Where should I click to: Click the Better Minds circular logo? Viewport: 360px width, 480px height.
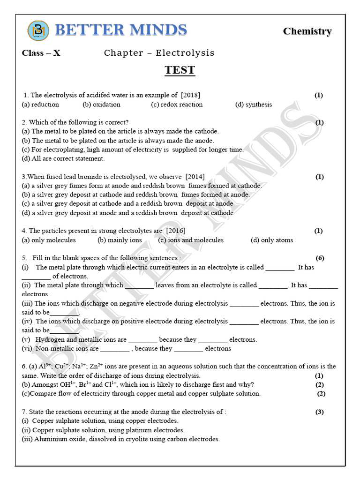tap(37, 31)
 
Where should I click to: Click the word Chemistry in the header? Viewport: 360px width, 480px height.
tap(307, 31)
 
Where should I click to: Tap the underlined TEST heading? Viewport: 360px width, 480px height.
tap(180, 70)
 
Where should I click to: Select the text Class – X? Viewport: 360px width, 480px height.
tap(41, 53)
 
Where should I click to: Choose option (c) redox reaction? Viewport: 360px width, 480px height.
tap(177, 105)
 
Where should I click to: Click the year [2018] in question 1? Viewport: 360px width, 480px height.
tap(191, 95)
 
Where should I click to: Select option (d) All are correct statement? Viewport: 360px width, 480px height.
tap(63, 158)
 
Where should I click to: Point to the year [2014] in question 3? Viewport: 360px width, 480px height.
tap(195, 177)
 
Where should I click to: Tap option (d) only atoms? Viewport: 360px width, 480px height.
tap(272, 240)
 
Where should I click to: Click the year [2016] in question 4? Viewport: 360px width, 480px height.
tap(175, 231)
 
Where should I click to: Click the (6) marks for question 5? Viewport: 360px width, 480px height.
tap(320, 258)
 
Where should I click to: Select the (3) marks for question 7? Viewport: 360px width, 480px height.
tap(320, 412)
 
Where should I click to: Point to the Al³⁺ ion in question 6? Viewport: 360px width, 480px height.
tap(45, 366)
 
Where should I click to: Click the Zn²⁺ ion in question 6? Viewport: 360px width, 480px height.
tap(96, 366)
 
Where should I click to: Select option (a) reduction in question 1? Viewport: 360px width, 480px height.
tap(40, 105)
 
